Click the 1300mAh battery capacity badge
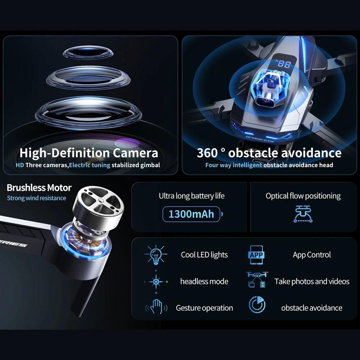pos(191,214)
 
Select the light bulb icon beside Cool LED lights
pos(156,255)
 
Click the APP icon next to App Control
pos(256,255)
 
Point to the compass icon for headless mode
pos(156,282)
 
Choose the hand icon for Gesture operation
pos(156,308)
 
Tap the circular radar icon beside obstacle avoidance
pos(257,305)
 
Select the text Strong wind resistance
pos(36,198)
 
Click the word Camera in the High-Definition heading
pos(135,153)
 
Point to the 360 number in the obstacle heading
pos(207,153)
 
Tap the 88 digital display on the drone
pos(284,64)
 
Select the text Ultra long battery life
pos(192,196)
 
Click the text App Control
pos(312,255)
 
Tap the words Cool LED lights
pos(204,255)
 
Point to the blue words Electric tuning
pos(89,165)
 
